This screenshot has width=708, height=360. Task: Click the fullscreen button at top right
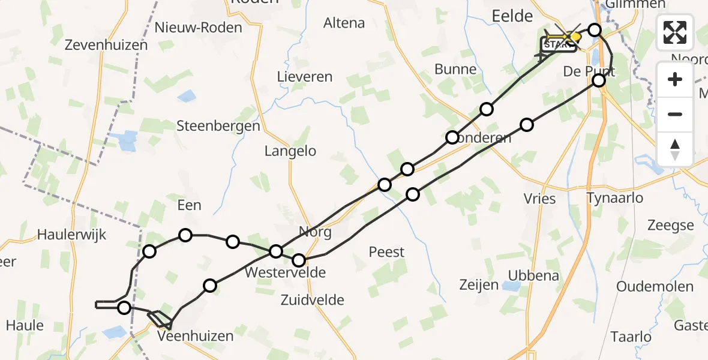point(675,32)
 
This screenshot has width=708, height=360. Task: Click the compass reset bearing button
point(675,149)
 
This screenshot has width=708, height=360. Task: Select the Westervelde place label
point(286,273)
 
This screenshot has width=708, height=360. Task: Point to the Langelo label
point(290,151)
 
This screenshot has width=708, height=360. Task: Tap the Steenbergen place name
point(218,126)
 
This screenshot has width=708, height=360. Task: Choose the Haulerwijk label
point(71,235)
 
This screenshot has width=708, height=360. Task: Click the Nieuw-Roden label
point(198,28)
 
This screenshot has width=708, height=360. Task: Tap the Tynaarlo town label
point(614,198)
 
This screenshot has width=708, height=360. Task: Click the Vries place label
point(539,199)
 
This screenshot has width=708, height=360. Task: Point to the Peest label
point(386,252)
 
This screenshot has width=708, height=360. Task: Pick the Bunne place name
point(455,70)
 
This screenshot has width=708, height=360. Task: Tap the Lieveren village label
point(305,77)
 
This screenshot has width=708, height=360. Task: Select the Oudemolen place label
point(655,286)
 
